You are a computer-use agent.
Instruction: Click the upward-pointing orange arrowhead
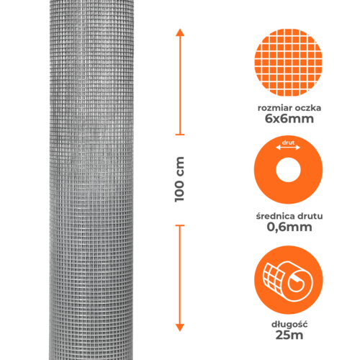(x=180, y=32)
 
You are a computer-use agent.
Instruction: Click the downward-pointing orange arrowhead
(x=180, y=328)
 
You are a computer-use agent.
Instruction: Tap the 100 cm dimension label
(x=179, y=179)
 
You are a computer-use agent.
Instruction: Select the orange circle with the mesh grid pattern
(x=288, y=63)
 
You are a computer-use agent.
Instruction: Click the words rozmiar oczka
(x=289, y=108)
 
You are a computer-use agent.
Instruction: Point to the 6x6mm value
(x=289, y=119)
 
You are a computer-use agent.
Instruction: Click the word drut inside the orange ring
(x=288, y=143)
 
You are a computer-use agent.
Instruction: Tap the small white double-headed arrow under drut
(x=288, y=148)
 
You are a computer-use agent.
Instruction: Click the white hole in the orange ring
(x=288, y=170)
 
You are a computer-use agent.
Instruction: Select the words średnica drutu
(x=289, y=216)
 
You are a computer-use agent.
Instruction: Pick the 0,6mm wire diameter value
(x=289, y=227)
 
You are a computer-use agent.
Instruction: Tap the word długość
(x=289, y=325)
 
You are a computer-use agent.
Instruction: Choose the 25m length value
(x=289, y=335)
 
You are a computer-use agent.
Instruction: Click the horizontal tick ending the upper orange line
(x=180, y=135)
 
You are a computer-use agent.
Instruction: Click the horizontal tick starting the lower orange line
(x=180, y=225)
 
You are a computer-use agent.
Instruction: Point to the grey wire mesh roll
(x=91, y=180)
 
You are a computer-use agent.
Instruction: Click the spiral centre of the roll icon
(x=297, y=284)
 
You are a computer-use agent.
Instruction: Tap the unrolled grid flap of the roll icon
(x=273, y=279)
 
